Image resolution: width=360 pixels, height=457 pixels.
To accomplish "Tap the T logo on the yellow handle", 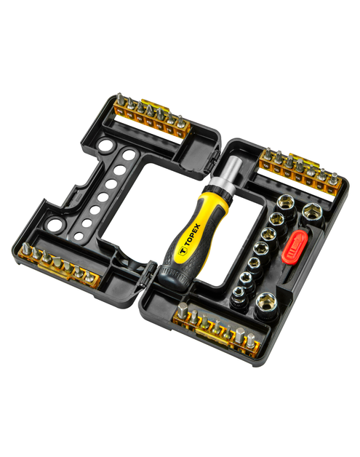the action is (183, 250).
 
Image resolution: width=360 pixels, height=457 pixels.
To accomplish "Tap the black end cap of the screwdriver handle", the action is (174, 279).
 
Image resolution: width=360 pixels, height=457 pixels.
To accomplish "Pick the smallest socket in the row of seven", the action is (239, 294).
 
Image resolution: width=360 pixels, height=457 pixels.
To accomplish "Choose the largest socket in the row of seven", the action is (285, 203).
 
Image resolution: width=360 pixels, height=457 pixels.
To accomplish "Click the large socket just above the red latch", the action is (312, 212).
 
